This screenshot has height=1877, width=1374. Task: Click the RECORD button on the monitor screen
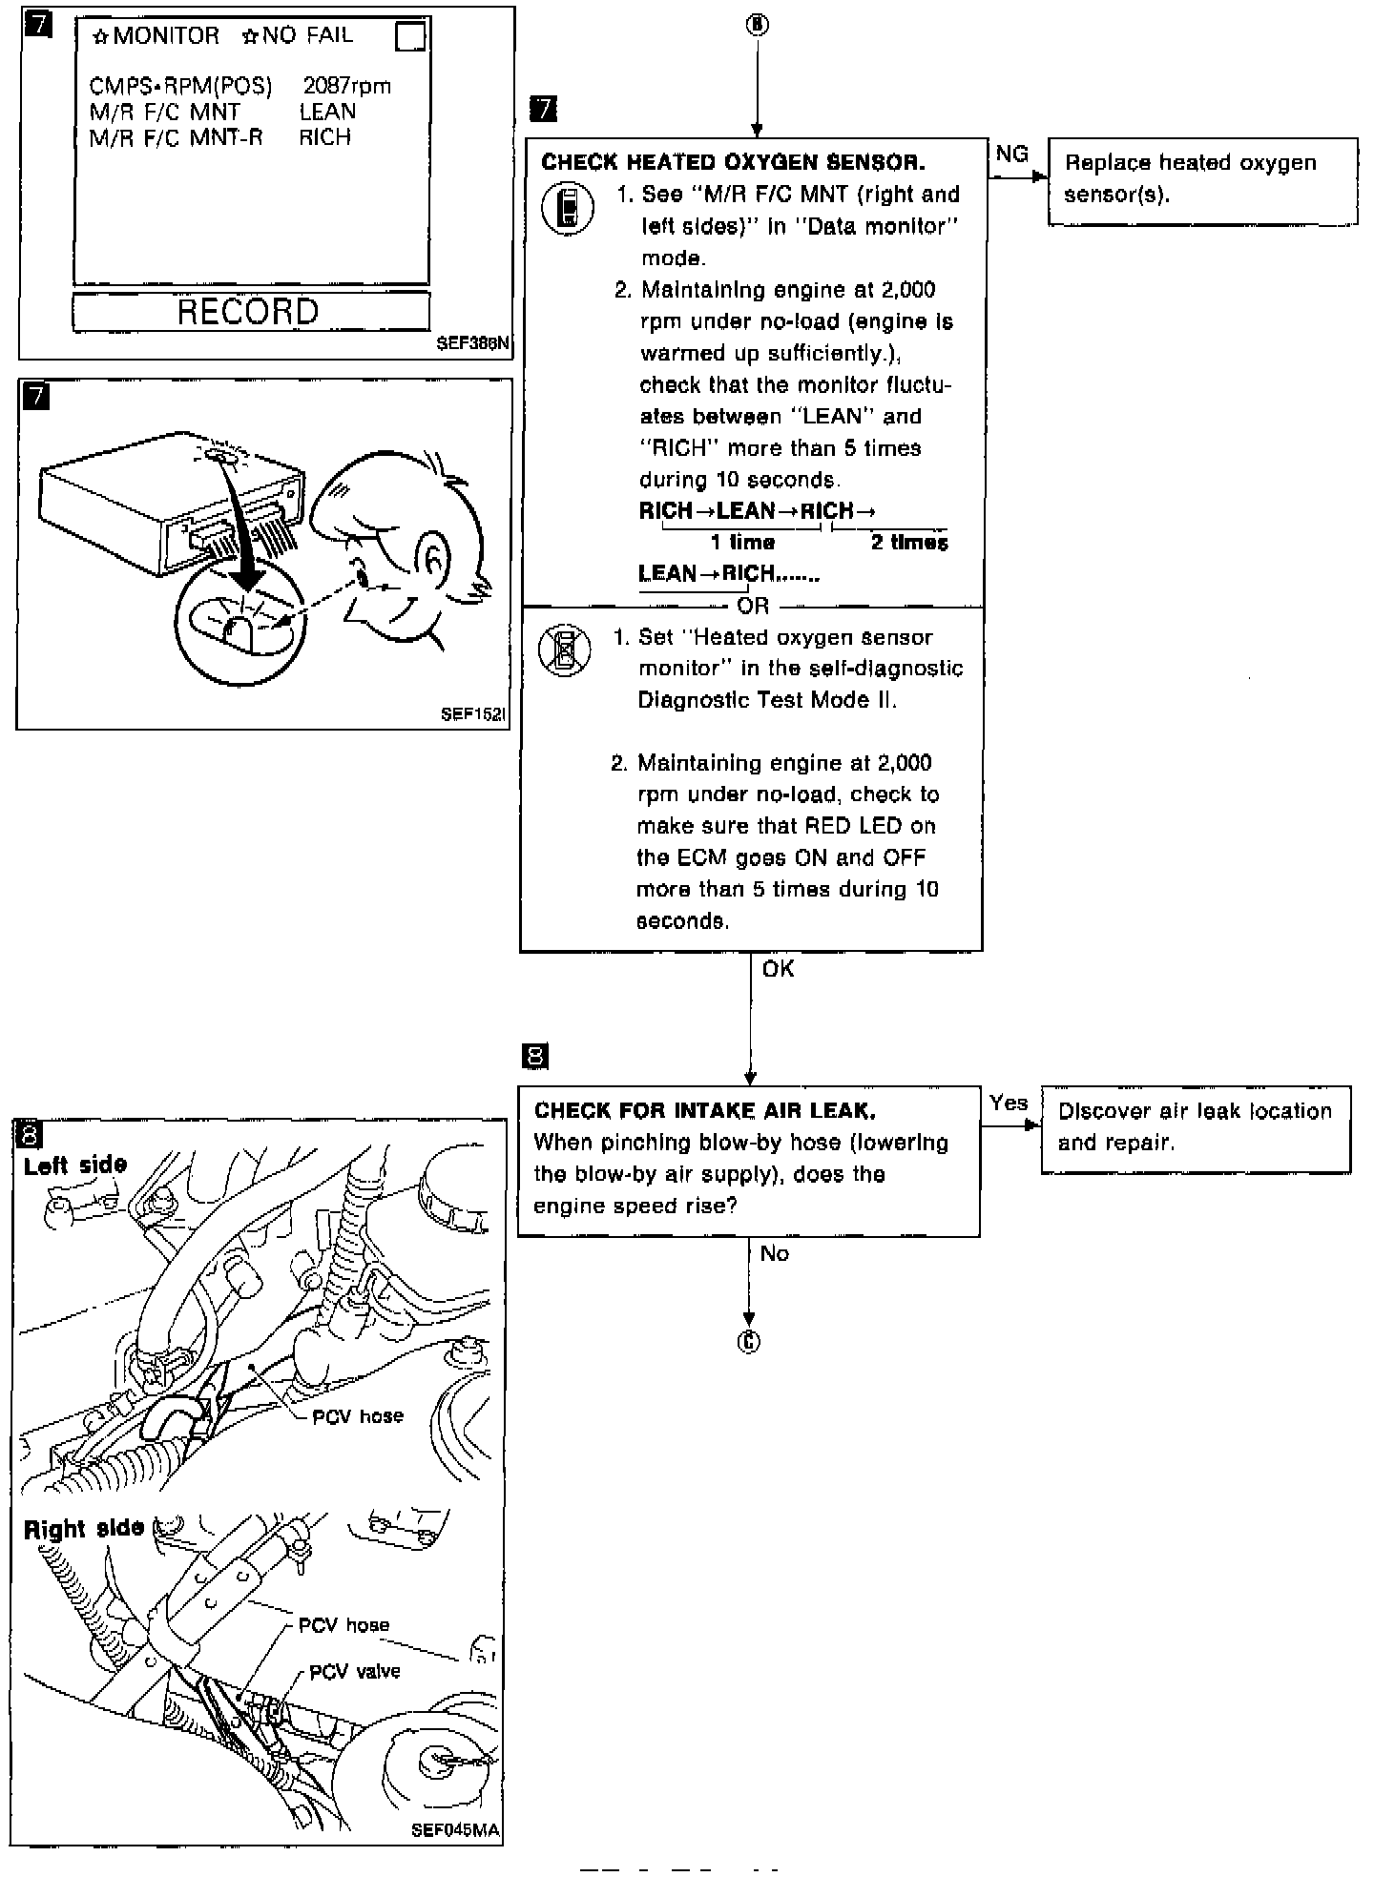250,312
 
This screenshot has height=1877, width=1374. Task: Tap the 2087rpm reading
346,86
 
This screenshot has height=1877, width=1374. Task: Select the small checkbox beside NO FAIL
410,37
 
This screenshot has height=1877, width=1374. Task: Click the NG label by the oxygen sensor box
1011,155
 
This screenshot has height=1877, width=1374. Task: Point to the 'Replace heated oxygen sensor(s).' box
1201,180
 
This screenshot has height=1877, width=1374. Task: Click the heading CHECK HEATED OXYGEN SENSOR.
733,162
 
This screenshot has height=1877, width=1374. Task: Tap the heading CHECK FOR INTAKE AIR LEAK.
705,1110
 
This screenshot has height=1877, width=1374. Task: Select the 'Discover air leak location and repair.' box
1196,1128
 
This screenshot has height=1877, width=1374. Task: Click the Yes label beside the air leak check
1009,1103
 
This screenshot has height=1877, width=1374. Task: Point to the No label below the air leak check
774,1253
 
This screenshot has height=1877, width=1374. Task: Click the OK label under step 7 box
778,969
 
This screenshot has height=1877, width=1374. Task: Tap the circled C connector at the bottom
749,1342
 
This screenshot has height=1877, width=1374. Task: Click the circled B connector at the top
757,26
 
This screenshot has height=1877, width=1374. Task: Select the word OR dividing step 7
753,606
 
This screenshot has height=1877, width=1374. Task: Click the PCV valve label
355,1671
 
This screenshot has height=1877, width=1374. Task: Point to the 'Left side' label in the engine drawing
75,1165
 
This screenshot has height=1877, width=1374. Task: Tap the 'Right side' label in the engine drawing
84,1528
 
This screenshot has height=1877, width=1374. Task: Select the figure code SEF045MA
455,1830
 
